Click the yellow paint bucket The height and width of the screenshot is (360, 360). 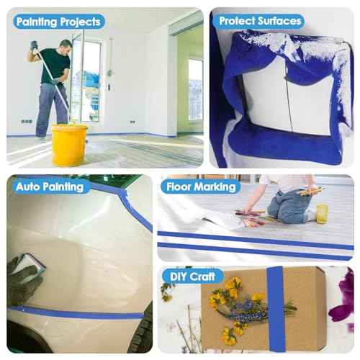(69, 145)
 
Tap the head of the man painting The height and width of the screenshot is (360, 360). (66, 47)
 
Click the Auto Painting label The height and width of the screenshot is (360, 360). (50, 187)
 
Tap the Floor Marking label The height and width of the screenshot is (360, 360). (201, 186)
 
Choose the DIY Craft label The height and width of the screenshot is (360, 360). (192, 276)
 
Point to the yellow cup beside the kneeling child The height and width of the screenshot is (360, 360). (322, 214)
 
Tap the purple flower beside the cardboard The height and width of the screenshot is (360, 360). (342, 297)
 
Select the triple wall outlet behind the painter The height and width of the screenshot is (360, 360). (27, 122)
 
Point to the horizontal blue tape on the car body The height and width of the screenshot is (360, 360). (77, 312)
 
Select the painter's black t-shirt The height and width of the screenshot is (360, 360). (55, 66)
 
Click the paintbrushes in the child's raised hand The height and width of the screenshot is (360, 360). (311, 191)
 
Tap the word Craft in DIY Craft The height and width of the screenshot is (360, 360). (202, 276)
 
